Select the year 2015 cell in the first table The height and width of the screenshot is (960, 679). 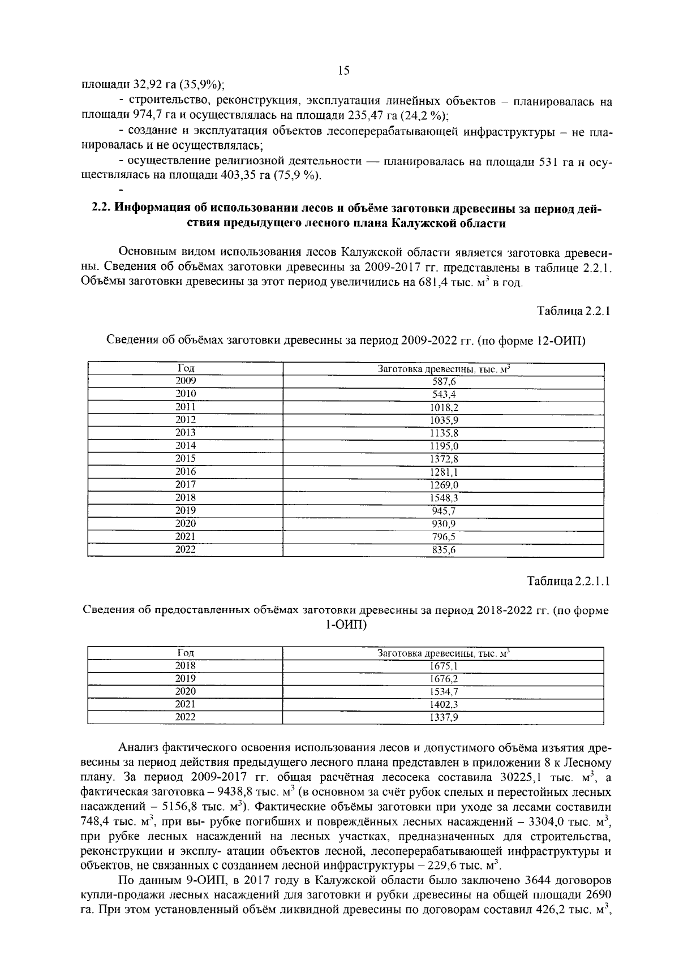pyautogui.click(x=185, y=458)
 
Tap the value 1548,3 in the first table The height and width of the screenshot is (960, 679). pyautogui.click(x=444, y=498)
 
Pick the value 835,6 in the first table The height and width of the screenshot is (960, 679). pyautogui.click(x=444, y=550)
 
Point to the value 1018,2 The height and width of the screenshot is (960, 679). pyautogui.click(x=444, y=407)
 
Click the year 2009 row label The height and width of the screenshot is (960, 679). pyautogui.click(x=185, y=381)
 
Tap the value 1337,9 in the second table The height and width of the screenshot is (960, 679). pyautogui.click(x=444, y=718)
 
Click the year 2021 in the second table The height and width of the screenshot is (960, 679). pyautogui.click(x=185, y=704)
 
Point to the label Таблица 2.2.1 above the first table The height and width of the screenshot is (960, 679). pyautogui.click(x=573, y=311)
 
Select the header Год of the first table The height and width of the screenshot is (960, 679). pyautogui.click(x=185, y=369)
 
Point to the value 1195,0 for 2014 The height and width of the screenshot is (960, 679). pyautogui.click(x=444, y=446)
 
